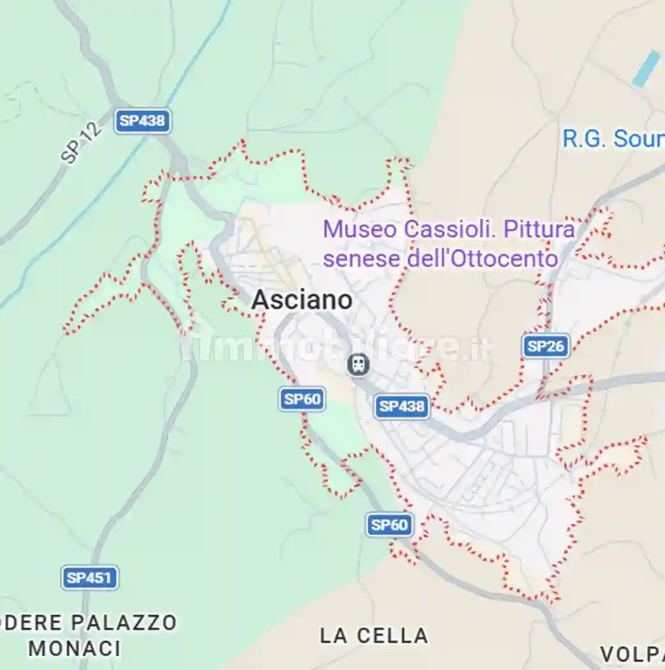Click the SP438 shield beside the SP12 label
(142, 121)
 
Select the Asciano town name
(302, 300)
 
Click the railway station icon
(359, 365)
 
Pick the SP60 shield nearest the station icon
(302, 399)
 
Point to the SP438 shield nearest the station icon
(402, 406)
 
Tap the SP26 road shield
(546, 346)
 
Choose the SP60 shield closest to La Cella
(389, 525)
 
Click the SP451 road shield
(90, 578)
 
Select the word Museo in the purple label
(350, 230)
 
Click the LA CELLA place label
(374, 636)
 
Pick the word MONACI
(75, 648)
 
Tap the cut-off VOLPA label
(632, 654)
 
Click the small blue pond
(645, 69)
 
